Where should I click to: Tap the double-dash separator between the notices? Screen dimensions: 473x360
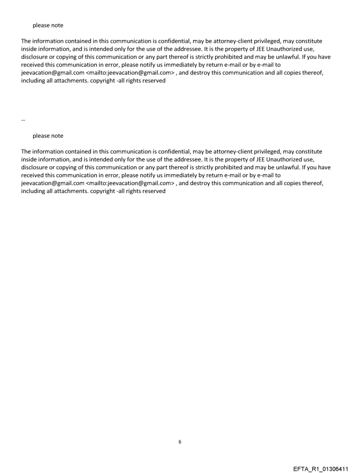pos(23,120)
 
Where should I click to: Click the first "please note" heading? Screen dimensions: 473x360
pos(48,25)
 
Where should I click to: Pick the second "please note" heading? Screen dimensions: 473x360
pos(48,136)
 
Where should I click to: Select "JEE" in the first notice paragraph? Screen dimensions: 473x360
pos(261,49)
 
